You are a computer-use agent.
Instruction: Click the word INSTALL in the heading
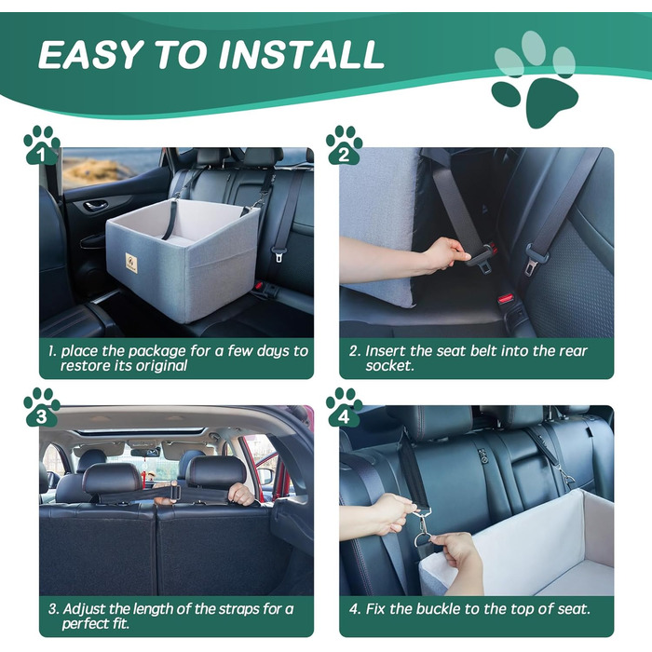click(x=299, y=54)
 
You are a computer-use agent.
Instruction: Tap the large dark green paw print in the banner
click(x=536, y=100)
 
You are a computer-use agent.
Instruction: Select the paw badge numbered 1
click(x=42, y=144)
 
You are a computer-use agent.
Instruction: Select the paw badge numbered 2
click(x=344, y=144)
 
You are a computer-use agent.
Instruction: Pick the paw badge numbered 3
click(x=42, y=408)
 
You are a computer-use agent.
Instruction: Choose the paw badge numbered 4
click(x=344, y=408)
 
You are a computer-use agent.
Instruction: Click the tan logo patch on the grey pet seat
click(x=131, y=261)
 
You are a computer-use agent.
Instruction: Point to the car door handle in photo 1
click(x=95, y=205)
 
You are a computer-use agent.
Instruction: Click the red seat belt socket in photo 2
click(x=506, y=299)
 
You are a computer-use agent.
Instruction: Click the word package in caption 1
click(x=156, y=352)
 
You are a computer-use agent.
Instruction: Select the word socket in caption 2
click(x=388, y=366)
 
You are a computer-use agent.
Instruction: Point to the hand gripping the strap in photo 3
click(x=240, y=494)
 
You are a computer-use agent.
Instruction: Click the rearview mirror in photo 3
click(x=145, y=452)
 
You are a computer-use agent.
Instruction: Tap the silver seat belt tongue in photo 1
click(x=278, y=253)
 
